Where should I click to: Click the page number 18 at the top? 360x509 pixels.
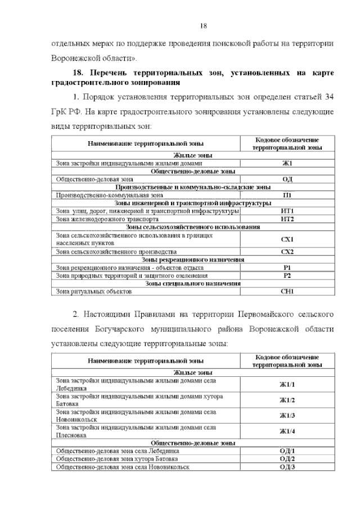[204, 25]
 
